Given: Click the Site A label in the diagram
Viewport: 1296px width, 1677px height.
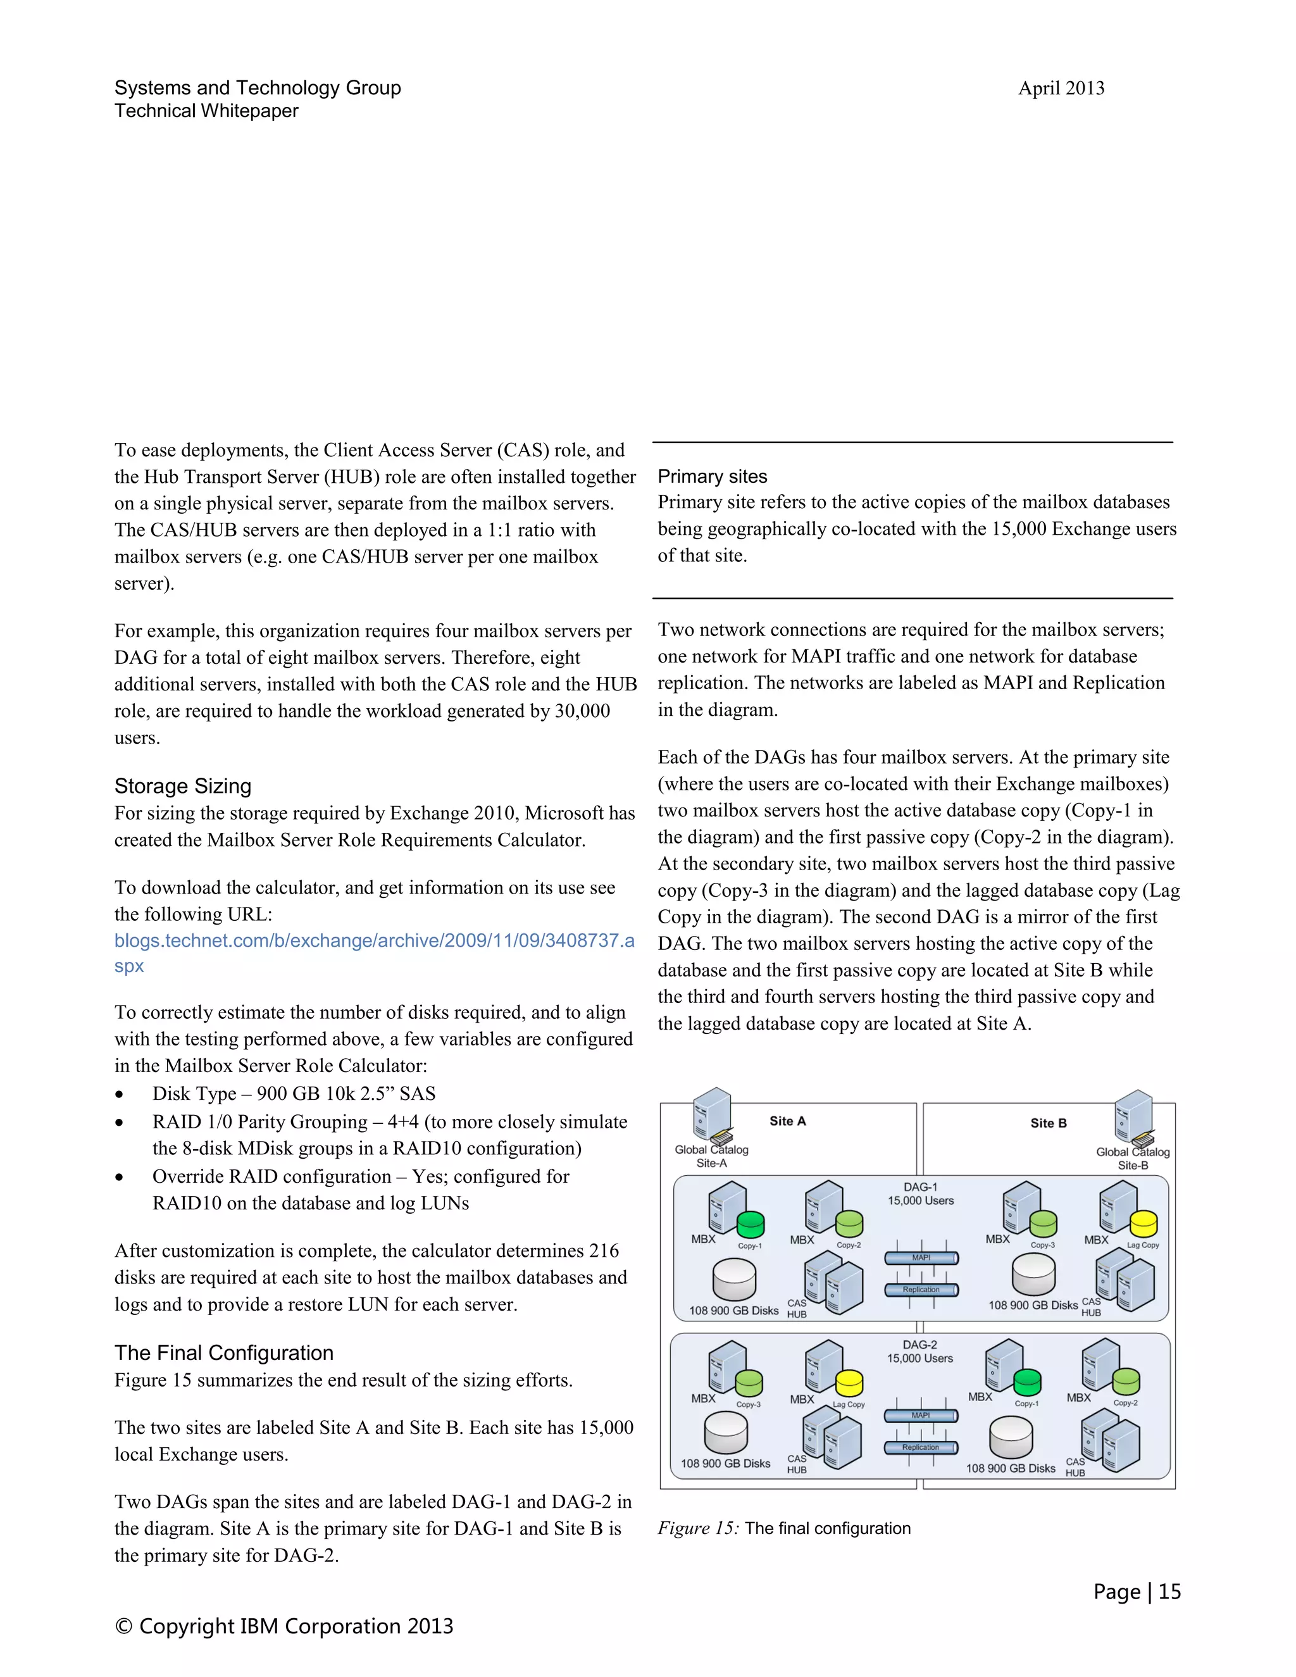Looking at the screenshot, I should (x=788, y=1121).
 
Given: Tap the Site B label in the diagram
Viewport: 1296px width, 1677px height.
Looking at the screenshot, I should (x=1048, y=1123).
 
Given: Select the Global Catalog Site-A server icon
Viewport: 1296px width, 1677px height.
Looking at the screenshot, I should (x=713, y=1114).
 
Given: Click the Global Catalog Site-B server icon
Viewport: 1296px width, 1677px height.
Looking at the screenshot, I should (x=1134, y=1117).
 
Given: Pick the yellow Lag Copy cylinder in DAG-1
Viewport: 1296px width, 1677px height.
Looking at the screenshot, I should (x=1143, y=1224).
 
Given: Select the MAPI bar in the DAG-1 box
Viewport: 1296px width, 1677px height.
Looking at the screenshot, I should (x=921, y=1258).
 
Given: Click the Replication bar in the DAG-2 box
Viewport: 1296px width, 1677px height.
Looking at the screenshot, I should (x=921, y=1447).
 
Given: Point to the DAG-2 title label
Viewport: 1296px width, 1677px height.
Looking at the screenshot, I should (x=919, y=1345).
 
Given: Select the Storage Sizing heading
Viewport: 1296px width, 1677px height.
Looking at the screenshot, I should (x=183, y=786).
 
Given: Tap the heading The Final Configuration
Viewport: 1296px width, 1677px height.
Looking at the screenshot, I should (x=224, y=1353).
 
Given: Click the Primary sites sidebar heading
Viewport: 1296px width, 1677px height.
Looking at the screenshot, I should (x=713, y=477).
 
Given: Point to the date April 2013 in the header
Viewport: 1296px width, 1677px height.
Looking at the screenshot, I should (x=1061, y=89).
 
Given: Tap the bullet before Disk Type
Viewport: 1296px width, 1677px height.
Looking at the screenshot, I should (x=119, y=1095).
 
